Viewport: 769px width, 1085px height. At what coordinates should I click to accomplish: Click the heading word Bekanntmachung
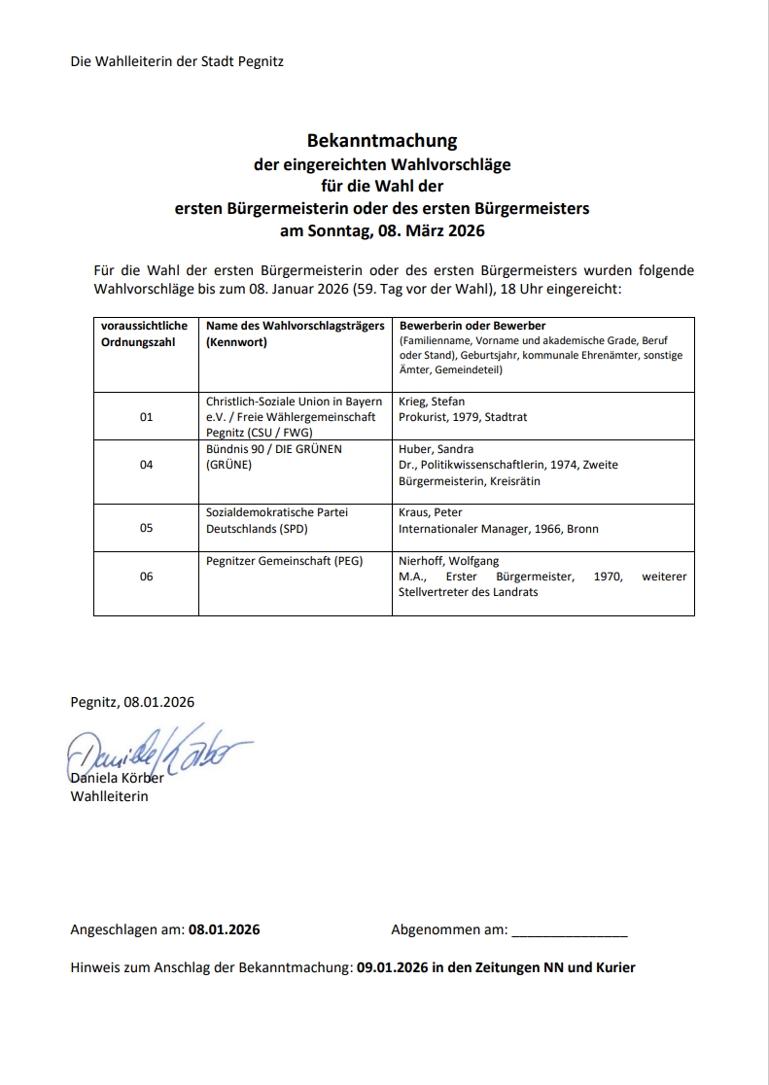[x=382, y=141]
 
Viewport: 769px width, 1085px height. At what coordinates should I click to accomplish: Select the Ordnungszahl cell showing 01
[x=147, y=416]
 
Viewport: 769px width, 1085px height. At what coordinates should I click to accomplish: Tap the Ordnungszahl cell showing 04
[x=147, y=465]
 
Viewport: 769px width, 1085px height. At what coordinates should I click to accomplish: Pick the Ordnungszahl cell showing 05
[x=147, y=529]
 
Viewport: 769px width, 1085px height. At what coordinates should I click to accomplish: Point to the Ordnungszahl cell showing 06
[x=147, y=577]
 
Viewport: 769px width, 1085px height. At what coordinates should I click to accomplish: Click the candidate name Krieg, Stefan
[x=432, y=401]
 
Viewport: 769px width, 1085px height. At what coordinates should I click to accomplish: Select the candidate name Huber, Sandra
[x=435, y=449]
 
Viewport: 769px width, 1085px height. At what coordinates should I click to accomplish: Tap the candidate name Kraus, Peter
[x=431, y=512]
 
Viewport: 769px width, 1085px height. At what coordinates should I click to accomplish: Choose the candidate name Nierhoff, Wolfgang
[x=449, y=561]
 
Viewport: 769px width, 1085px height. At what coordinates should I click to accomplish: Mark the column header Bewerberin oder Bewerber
[x=472, y=326]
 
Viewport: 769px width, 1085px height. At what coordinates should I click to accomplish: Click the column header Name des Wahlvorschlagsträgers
[x=296, y=326]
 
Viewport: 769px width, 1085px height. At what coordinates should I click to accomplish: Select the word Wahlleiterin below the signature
[x=109, y=797]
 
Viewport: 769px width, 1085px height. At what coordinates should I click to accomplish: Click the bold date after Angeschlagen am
[x=224, y=929]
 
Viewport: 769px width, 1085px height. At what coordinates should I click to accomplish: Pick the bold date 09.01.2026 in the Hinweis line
[x=393, y=967]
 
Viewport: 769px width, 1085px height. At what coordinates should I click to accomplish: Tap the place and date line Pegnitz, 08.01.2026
[x=132, y=702]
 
